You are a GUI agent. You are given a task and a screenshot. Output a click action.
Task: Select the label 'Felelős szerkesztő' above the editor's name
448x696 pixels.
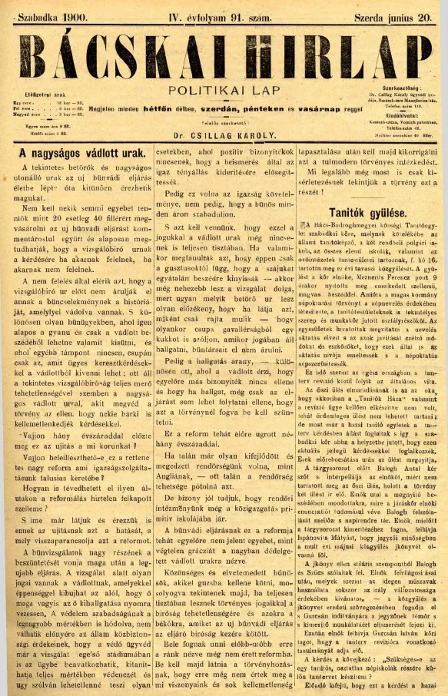pos(224,123)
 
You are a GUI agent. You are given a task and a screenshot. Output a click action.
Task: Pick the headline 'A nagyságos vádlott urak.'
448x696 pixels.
pos(80,154)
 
